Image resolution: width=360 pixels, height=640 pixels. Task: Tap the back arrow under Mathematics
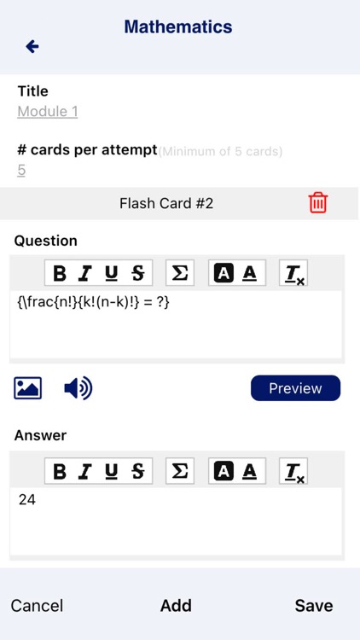click(32, 46)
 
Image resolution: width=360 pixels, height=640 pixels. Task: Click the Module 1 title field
click(48, 112)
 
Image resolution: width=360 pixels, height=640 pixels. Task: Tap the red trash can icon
click(317, 202)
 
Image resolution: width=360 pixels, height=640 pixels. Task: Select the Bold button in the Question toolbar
click(60, 273)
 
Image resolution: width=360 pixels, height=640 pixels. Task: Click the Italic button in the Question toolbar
click(85, 273)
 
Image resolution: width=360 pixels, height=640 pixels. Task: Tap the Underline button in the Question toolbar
click(112, 273)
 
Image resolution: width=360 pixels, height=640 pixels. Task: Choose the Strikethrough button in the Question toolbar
click(137, 273)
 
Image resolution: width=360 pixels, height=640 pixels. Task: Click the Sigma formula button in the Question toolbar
click(180, 273)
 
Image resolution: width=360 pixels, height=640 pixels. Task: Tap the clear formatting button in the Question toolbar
click(293, 274)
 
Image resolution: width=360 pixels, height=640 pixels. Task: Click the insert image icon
click(28, 388)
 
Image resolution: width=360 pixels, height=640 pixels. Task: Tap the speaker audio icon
click(78, 388)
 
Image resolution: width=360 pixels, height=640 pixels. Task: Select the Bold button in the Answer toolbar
click(60, 471)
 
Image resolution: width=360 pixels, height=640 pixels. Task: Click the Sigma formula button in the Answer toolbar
click(180, 471)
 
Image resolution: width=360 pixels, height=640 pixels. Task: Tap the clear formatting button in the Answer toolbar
click(293, 472)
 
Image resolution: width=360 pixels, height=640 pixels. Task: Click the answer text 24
click(27, 500)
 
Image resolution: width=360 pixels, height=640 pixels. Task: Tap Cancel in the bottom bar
click(37, 606)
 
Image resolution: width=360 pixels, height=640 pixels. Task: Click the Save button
click(314, 606)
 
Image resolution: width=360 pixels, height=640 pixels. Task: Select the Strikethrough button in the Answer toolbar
click(137, 471)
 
